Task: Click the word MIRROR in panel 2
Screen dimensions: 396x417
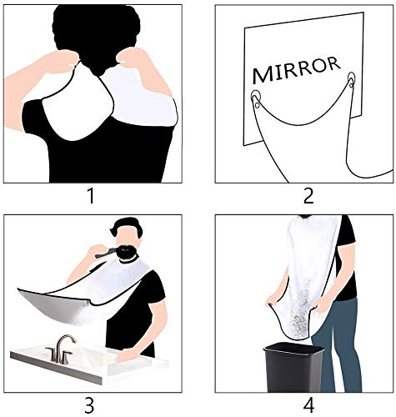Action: (x=296, y=69)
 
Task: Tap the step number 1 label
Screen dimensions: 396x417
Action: (x=91, y=196)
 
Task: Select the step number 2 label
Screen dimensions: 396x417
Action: (x=308, y=196)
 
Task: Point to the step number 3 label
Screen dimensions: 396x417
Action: (x=89, y=406)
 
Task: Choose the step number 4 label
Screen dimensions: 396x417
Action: (x=308, y=406)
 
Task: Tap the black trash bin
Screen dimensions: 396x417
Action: (x=293, y=368)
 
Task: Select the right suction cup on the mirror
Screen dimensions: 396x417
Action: (x=351, y=80)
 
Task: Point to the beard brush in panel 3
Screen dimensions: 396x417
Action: (x=107, y=253)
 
